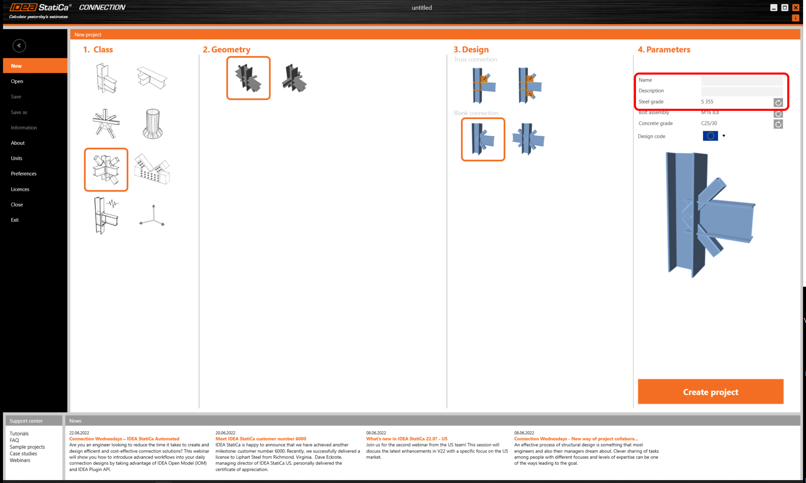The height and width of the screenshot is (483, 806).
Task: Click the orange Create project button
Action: coord(710,392)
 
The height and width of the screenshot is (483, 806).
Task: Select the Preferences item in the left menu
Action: coord(24,174)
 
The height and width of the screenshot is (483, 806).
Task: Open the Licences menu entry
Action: coord(20,189)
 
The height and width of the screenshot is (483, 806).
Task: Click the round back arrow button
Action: coord(19,45)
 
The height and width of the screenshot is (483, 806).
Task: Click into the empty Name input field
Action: coord(741,80)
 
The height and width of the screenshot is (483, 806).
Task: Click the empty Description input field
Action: coord(741,91)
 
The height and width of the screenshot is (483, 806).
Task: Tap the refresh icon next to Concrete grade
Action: coord(778,124)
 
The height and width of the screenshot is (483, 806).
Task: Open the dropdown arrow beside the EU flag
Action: coord(724,136)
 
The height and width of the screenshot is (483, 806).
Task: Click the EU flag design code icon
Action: coord(710,136)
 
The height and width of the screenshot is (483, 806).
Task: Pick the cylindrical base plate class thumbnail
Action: coord(153,124)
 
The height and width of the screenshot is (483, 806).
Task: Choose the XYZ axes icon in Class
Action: coord(153,216)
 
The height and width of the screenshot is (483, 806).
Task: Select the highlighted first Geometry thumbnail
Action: coord(248,78)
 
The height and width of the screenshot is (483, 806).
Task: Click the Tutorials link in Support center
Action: coord(19,433)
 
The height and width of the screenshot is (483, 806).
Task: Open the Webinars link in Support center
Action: coord(20,460)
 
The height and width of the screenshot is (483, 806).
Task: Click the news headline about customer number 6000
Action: coord(260,439)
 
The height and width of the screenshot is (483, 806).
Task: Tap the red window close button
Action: coord(796,8)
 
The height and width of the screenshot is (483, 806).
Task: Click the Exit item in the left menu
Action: coord(15,220)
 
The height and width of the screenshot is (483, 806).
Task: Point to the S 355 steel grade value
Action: coord(707,102)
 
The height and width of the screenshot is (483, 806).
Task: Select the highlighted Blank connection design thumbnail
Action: coord(483,139)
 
